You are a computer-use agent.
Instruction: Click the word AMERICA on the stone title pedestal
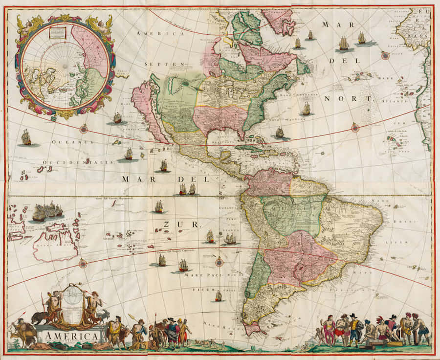[x=72, y=337]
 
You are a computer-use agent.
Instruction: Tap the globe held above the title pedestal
[x=72, y=297]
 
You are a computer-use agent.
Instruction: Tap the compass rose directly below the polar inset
[x=84, y=129]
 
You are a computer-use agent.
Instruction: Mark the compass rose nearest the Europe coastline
[x=385, y=55]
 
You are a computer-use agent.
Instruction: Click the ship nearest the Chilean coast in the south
[x=218, y=296]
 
